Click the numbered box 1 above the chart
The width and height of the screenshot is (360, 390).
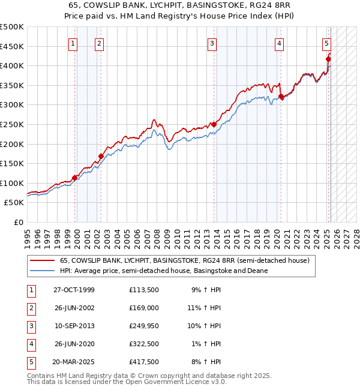[x=73, y=43]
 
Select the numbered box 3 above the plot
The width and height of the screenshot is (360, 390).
[x=212, y=43]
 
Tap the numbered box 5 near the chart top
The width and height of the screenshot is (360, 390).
[x=326, y=43]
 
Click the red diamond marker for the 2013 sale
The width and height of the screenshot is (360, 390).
[x=213, y=125]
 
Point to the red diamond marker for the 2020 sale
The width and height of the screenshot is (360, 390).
[x=281, y=96]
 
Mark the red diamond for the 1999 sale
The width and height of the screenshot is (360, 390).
[x=75, y=178]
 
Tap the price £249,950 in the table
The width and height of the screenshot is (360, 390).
[x=143, y=326]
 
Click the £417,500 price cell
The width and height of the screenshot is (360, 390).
[x=143, y=362]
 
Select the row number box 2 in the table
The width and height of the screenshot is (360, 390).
[x=31, y=308]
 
